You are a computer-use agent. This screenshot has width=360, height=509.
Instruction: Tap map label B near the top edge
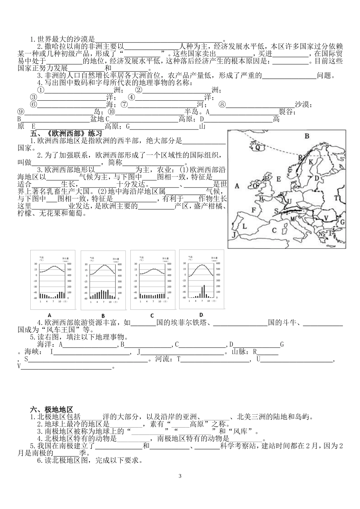tap(307, 136)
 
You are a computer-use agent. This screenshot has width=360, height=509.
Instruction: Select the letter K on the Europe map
tap(311, 162)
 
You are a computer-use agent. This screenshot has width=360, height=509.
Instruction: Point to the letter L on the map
tap(244, 226)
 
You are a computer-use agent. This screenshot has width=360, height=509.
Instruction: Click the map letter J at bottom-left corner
tap(234, 235)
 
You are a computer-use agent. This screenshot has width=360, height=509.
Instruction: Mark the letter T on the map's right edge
tap(336, 198)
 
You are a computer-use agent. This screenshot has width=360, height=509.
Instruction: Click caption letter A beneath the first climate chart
tap(50, 315)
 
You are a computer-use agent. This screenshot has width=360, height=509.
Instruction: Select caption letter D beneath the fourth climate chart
tap(201, 315)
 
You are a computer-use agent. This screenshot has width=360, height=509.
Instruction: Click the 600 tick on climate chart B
tap(119, 264)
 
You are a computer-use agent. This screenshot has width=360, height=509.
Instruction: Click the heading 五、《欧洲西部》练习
tap(66, 134)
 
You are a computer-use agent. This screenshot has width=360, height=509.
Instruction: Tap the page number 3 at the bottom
tap(180, 476)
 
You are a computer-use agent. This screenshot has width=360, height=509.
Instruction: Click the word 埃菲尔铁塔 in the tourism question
tap(186, 323)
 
